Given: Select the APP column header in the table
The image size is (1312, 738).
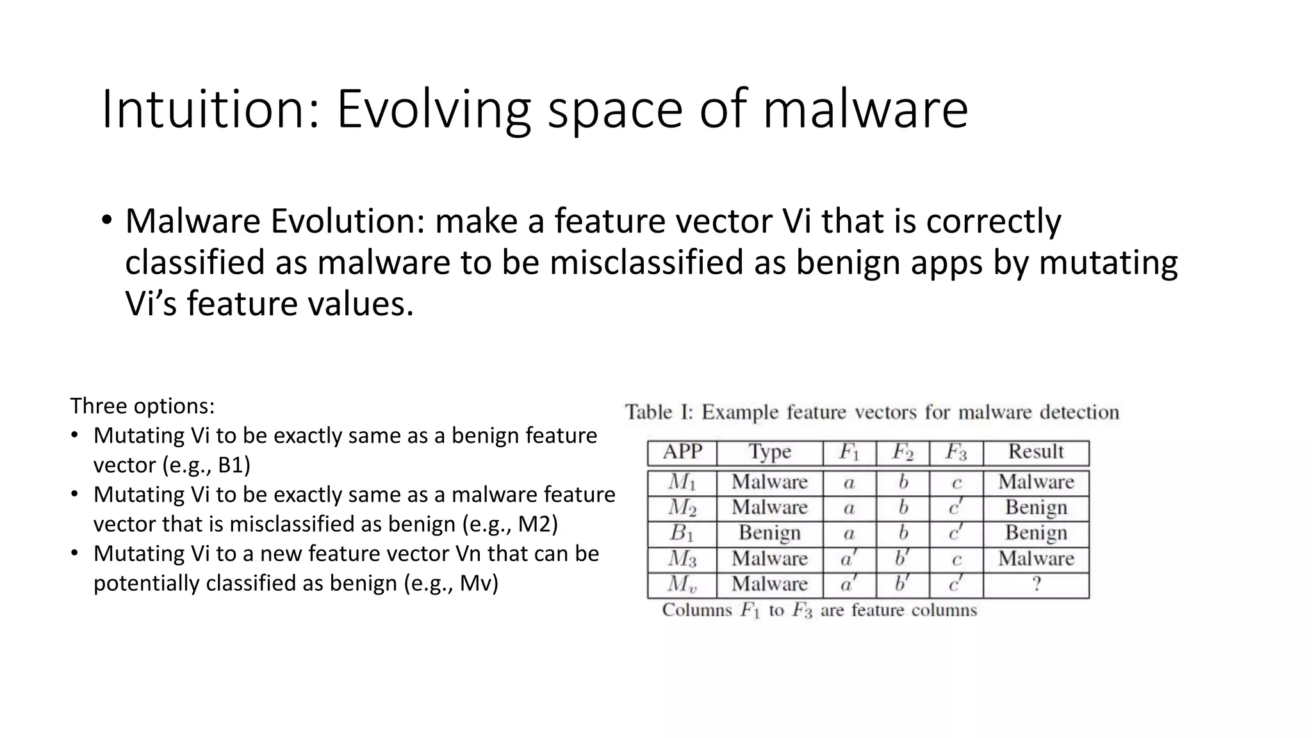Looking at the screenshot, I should (682, 452).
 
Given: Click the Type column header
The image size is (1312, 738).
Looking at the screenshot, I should (769, 452).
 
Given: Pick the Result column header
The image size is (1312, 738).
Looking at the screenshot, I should (1035, 452).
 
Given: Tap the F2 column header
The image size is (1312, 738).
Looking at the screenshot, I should (902, 453).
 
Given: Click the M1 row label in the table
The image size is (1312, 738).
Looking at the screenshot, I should (682, 482).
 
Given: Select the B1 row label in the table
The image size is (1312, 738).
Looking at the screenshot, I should (682, 533).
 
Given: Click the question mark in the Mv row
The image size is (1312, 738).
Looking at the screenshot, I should (1036, 584).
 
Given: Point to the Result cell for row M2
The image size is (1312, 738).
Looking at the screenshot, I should (1036, 507).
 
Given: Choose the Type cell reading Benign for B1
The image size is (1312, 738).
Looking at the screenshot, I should (769, 533).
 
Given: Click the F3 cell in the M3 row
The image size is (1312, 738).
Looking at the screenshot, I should (956, 559).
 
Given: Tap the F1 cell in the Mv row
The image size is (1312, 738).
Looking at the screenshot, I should (849, 584).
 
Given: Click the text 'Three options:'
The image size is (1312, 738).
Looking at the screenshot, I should (142, 406).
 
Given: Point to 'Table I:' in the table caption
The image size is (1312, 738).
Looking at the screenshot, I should (659, 412).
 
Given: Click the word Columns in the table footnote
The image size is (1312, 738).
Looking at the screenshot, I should (696, 610).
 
